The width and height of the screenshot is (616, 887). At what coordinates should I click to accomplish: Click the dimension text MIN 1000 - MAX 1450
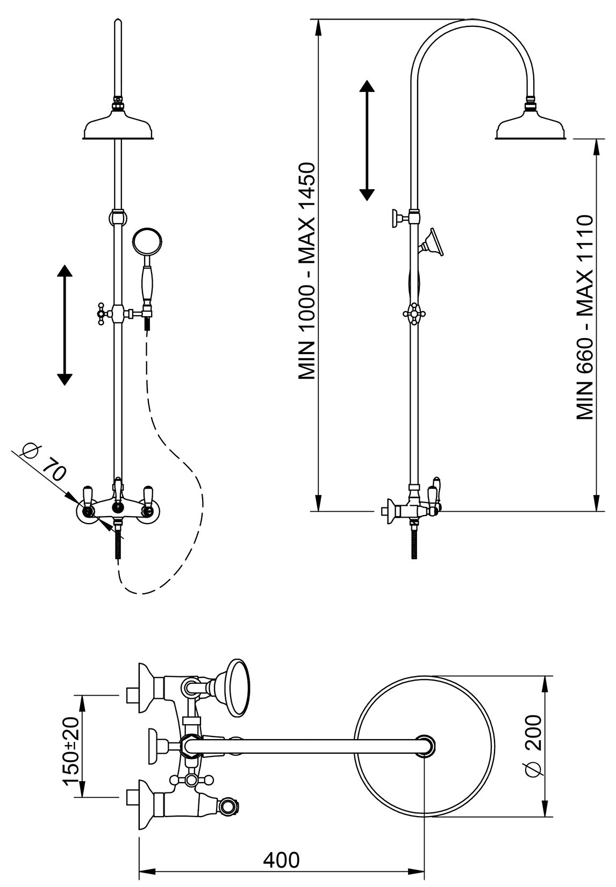pyautogui.click(x=309, y=271)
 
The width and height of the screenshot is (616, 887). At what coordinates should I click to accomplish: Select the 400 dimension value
pyautogui.click(x=282, y=860)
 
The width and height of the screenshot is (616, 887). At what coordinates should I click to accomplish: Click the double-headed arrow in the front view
pyautogui.click(x=65, y=325)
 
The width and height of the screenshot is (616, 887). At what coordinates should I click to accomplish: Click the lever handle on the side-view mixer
pyautogui.click(x=433, y=491)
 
